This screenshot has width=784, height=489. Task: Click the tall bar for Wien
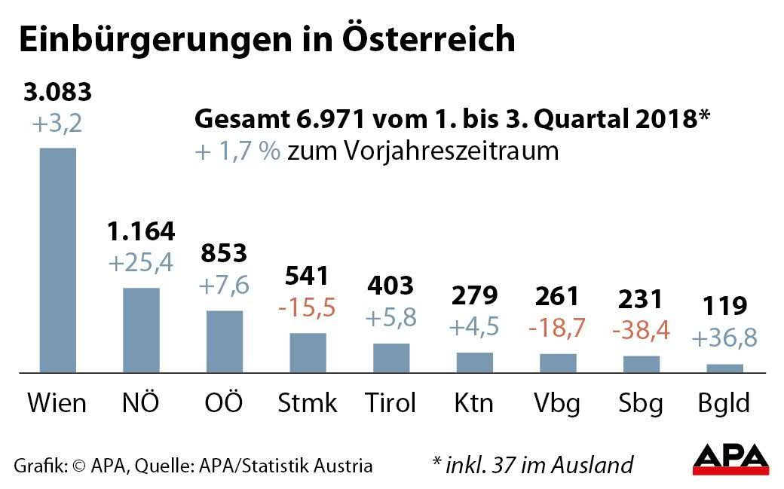click(x=58, y=259)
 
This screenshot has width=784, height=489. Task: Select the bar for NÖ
click(x=141, y=329)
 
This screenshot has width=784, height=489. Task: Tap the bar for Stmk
click(x=308, y=352)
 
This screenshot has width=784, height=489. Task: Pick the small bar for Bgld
click(x=724, y=368)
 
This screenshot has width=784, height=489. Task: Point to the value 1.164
click(x=141, y=231)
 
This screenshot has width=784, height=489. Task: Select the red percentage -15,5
click(x=308, y=307)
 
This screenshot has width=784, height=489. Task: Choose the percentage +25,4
click(x=141, y=262)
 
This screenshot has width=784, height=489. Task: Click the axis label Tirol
click(x=390, y=402)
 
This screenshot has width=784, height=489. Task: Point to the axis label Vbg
click(x=558, y=402)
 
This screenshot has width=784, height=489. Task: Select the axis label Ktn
click(x=473, y=402)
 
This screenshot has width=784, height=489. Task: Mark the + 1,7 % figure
click(x=237, y=151)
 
